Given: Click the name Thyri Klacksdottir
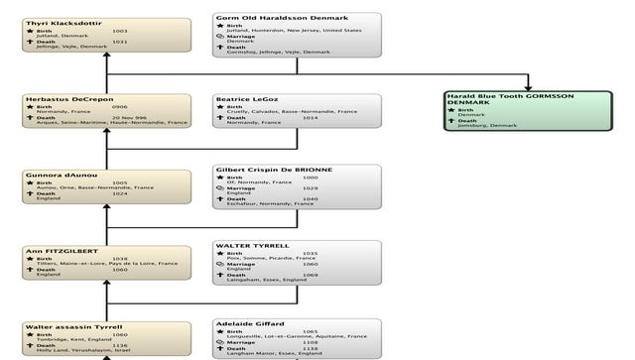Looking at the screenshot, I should pyautogui.click(x=62, y=21).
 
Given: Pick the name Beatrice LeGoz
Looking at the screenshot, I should pyautogui.click(x=248, y=99).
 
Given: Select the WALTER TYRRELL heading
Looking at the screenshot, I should pyautogui.click(x=252, y=244).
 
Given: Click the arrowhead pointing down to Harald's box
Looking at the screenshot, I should pyautogui.click(x=529, y=86).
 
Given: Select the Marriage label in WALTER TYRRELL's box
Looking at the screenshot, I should pyautogui.click(x=241, y=264).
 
